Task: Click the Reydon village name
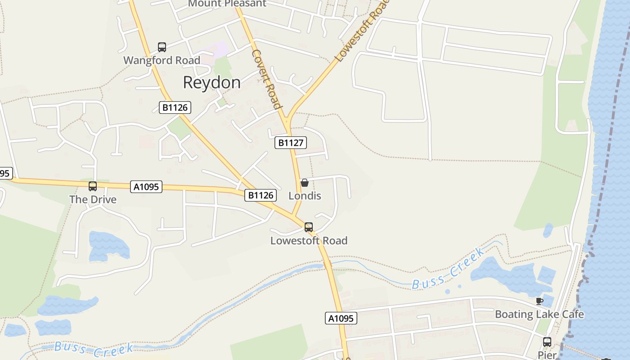point(211,82)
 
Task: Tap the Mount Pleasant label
point(227,4)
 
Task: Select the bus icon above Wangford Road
point(162,47)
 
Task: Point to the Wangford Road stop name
point(162,60)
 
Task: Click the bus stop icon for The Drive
point(93,186)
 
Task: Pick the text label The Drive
point(93,199)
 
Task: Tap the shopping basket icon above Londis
point(305,182)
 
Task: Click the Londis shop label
point(305,196)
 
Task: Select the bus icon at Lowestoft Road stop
point(309,227)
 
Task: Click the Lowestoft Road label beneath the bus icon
point(309,241)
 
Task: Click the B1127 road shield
point(291,143)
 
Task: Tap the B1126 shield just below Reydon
point(175,108)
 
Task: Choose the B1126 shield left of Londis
point(261,195)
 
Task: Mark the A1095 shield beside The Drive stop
point(146,187)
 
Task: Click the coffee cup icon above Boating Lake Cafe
point(540,301)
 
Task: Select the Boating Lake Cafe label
point(540,314)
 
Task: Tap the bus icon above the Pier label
point(547,342)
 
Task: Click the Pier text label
point(547,355)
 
